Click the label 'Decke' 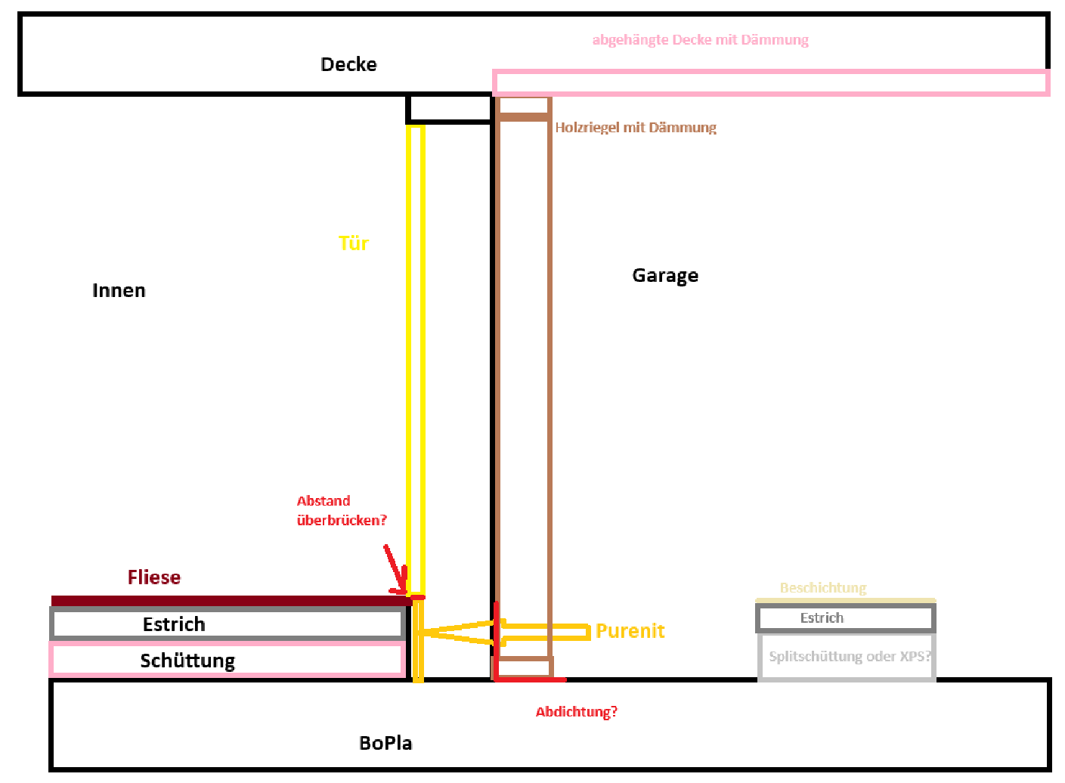(348, 64)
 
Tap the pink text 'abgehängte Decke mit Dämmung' (700, 40)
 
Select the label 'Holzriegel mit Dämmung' (635, 128)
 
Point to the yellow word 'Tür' (353, 243)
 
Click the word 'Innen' (119, 291)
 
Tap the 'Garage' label (665, 276)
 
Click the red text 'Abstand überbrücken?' (341, 511)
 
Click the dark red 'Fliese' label (154, 577)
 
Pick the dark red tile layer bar (227, 601)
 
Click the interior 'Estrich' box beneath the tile (227, 624)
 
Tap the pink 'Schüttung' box (227, 661)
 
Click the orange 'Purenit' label (630, 631)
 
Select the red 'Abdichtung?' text (576, 712)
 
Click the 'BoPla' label (385, 744)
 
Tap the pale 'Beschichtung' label (822, 588)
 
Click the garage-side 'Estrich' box (845, 618)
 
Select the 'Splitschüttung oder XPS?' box (847, 657)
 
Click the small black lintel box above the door (449, 110)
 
